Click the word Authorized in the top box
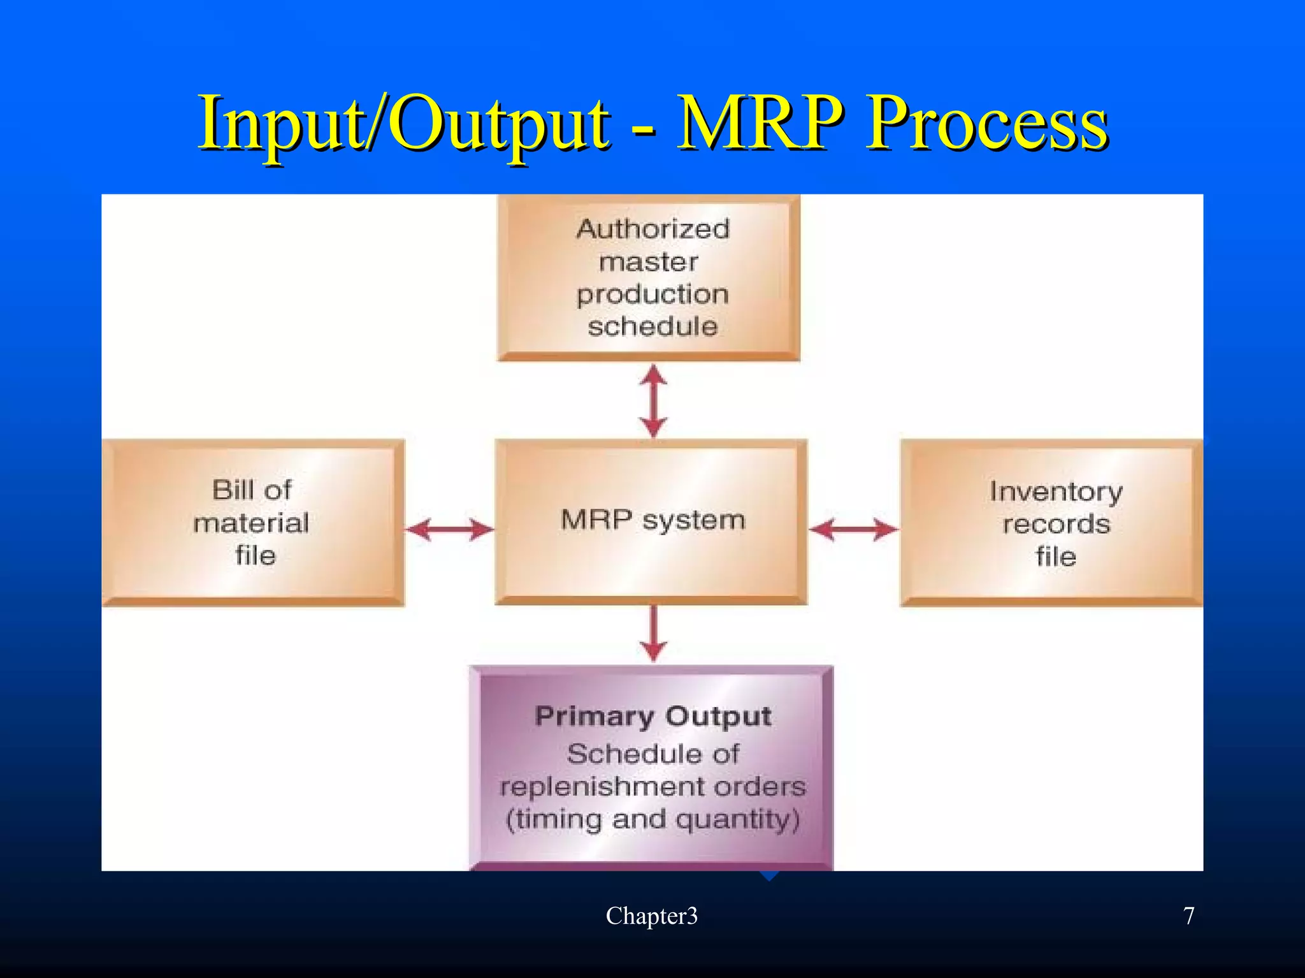click(652, 229)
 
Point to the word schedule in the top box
click(652, 326)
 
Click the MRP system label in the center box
click(652, 520)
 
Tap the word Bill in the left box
click(232, 490)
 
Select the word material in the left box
click(252, 523)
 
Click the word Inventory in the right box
click(1056, 492)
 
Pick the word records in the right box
click(1056, 524)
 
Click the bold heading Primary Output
click(652, 716)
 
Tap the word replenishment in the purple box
click(603, 787)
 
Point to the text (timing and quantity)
click(652, 819)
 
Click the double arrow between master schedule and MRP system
click(653, 400)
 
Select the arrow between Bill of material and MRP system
click(449, 529)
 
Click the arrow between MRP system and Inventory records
click(853, 529)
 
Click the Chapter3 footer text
click(651, 916)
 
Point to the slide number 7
click(1188, 916)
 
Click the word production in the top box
click(652, 294)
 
